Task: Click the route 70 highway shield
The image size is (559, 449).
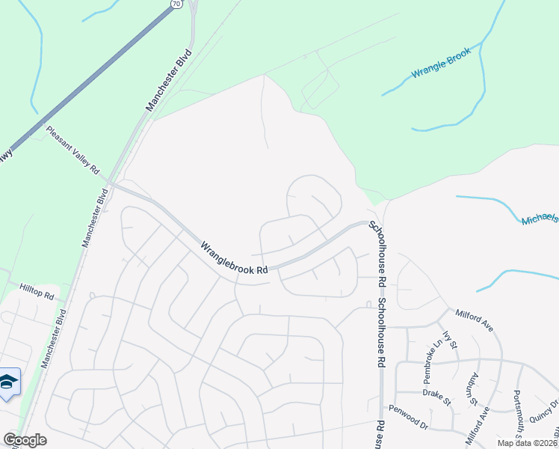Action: [176, 4]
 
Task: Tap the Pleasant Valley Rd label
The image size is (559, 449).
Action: [72, 150]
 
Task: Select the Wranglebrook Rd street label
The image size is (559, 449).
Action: [234, 257]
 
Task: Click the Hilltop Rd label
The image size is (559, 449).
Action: [37, 292]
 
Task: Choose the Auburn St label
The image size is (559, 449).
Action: [473, 388]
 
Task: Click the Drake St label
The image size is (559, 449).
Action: [437, 397]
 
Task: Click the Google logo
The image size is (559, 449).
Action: [25, 440]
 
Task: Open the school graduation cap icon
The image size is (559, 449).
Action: [8, 382]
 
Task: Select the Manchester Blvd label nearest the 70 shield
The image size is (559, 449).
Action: [170, 81]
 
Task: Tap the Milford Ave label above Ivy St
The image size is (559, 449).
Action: [475, 320]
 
